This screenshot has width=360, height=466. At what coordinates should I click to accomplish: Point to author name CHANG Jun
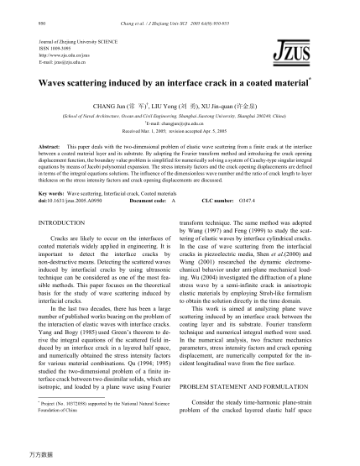pos(128,107)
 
